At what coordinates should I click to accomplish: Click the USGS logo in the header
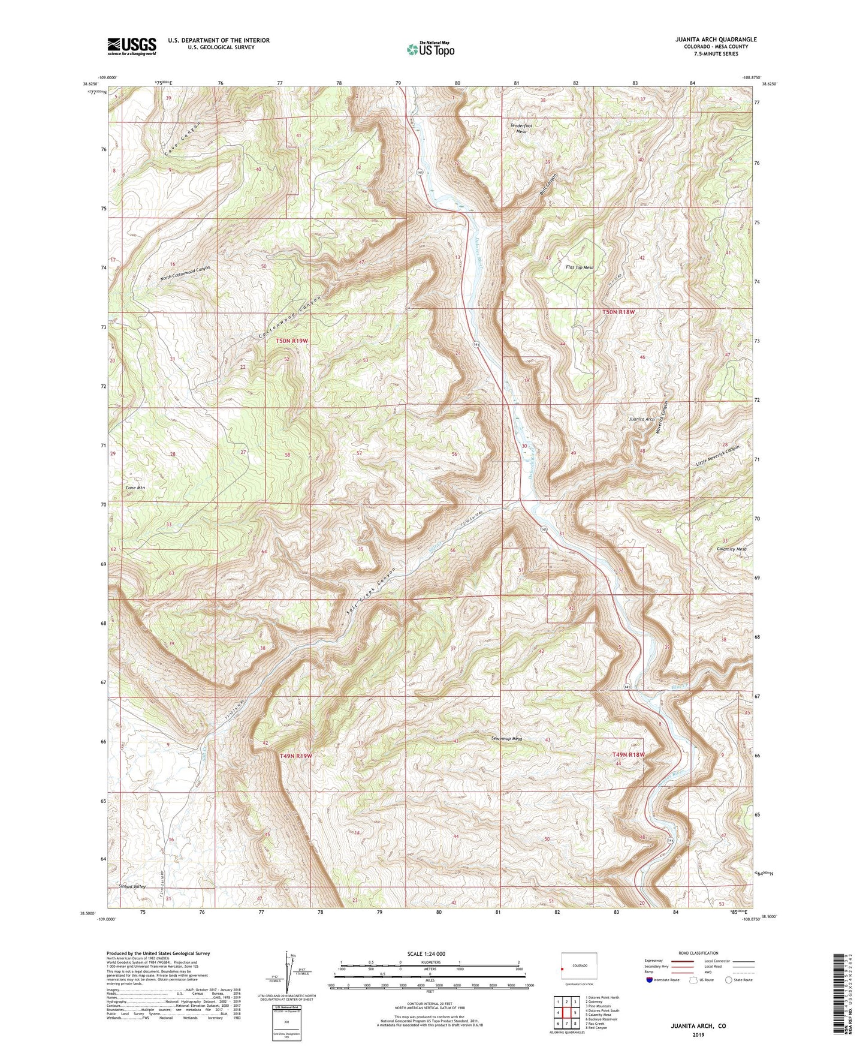132,46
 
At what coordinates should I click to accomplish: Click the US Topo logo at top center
430,49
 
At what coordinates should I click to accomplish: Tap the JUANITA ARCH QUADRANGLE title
707,40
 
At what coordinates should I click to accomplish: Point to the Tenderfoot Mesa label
521,128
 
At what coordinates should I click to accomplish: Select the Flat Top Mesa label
580,267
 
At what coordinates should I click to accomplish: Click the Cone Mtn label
135,488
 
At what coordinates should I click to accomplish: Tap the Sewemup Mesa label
506,739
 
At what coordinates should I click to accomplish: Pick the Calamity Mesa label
732,549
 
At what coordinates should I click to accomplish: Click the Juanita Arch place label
641,419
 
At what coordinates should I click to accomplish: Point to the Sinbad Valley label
132,886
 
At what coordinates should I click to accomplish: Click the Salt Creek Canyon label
372,591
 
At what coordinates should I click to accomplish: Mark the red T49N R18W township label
629,754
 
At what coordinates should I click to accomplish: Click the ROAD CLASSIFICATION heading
698,953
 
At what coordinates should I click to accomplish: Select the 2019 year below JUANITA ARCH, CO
698,1035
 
